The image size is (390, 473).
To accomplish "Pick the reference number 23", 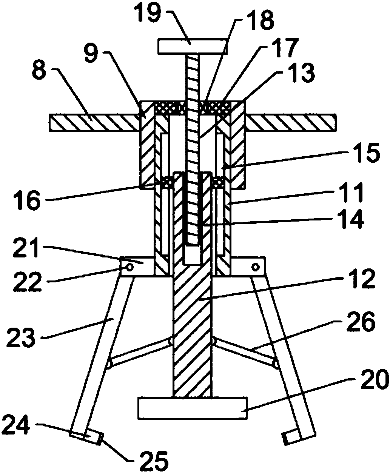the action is pyautogui.click(x=21, y=337).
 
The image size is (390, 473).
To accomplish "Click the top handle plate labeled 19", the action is pyautogui.click(x=193, y=47).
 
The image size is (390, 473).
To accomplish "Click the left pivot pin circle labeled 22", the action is pyautogui.click(x=130, y=268).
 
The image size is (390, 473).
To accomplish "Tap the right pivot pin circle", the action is pyautogui.click(x=255, y=267).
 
